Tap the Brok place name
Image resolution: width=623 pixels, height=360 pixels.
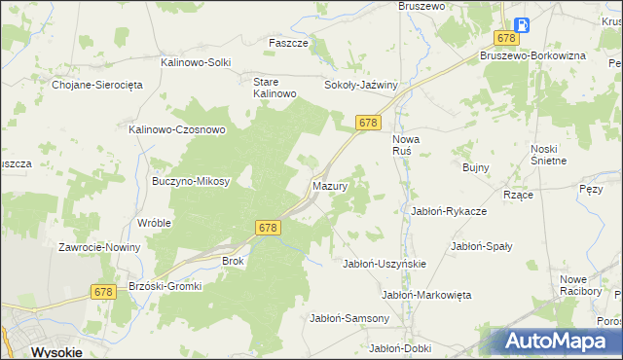coord(233,261)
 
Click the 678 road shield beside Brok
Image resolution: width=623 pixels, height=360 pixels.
coord(270,227)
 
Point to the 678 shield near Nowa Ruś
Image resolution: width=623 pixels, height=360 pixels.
coord(367,122)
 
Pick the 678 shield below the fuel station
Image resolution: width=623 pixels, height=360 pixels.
coord(505,38)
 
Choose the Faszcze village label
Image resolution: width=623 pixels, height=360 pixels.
coord(288,44)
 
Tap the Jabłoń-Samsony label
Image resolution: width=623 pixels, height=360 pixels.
coord(349,317)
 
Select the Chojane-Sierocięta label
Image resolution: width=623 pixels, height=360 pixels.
coord(97,85)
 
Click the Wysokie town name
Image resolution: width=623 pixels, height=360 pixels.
coord(56,352)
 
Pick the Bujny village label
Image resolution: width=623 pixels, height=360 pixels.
coord(475,168)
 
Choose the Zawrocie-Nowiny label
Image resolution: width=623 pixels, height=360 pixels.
coord(99,247)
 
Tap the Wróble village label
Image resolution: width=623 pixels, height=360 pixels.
coord(155,223)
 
